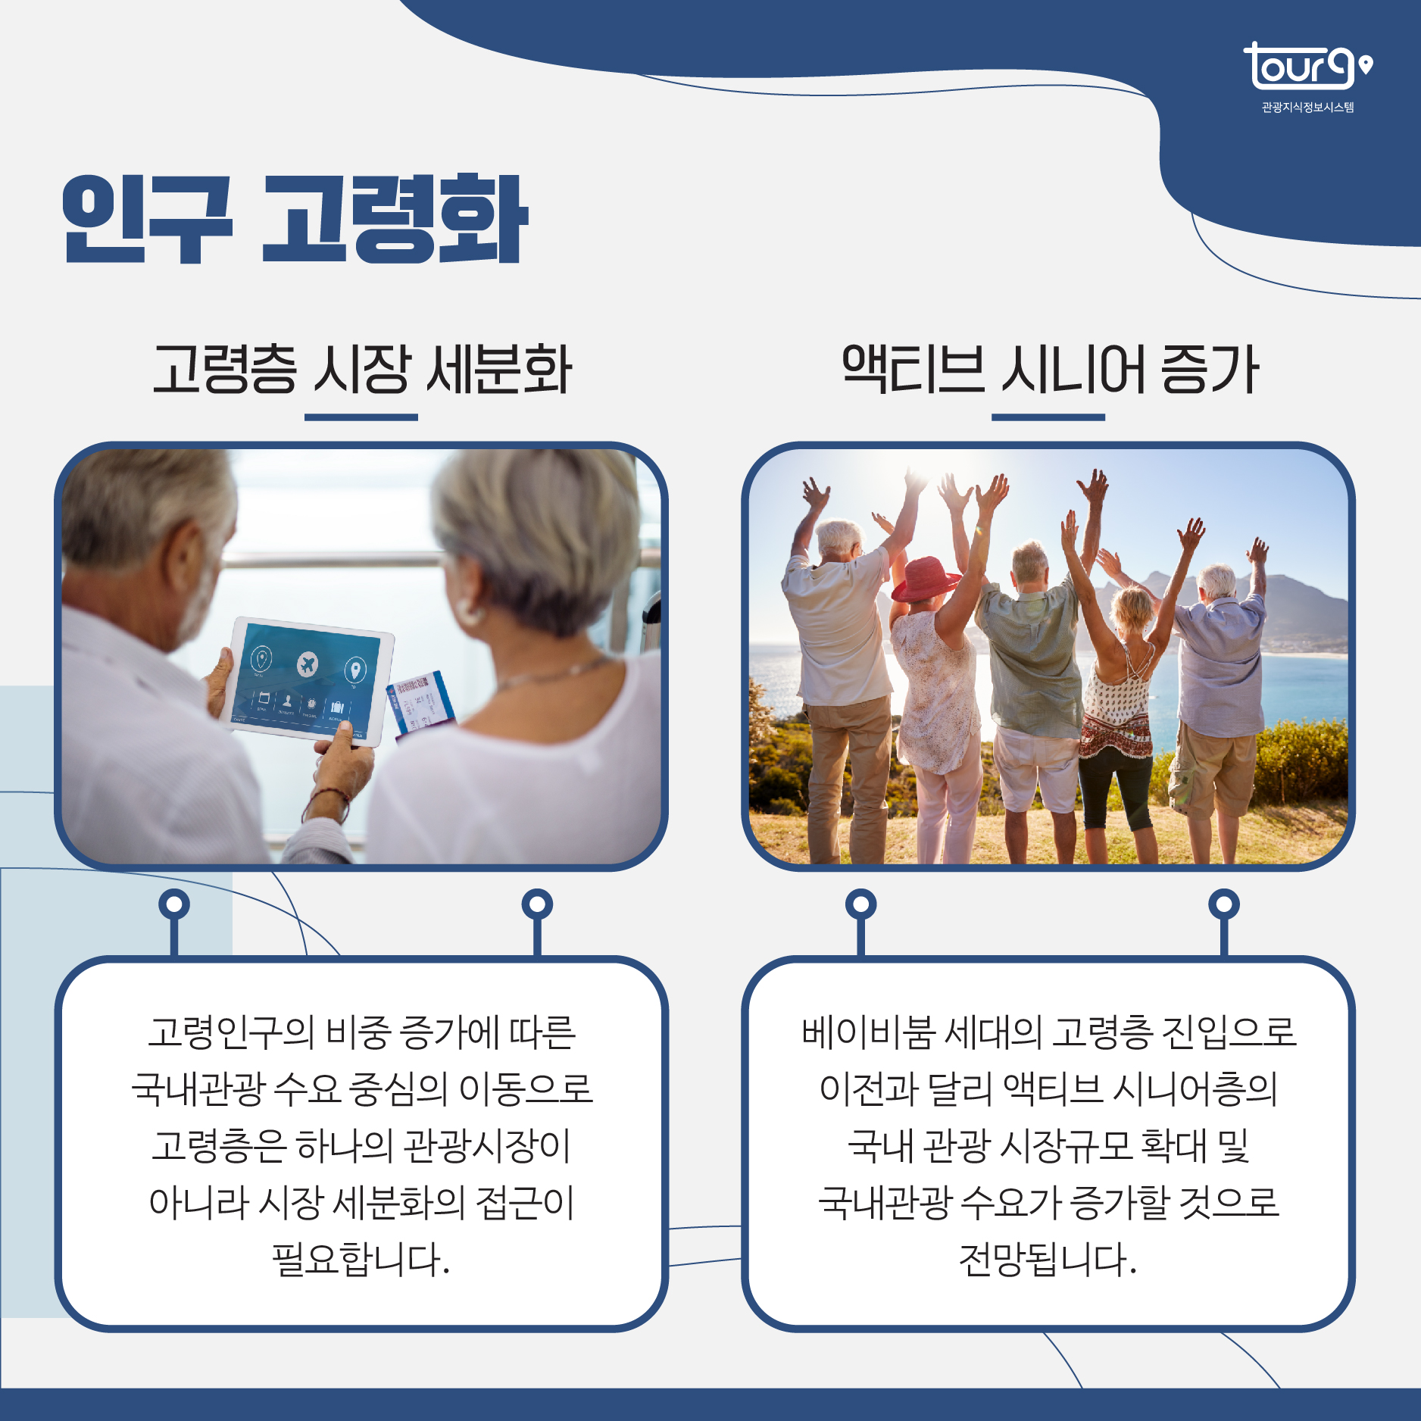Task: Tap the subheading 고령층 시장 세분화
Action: pyautogui.click(x=361, y=369)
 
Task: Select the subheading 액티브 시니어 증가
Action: pyautogui.click(x=1049, y=369)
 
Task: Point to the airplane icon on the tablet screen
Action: pyautogui.click(x=308, y=664)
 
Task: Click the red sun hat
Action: pyautogui.click(x=925, y=579)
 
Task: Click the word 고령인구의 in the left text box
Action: pyautogui.click(x=231, y=1032)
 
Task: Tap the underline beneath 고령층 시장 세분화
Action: pyautogui.click(x=361, y=417)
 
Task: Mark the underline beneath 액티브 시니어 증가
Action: pyautogui.click(x=1048, y=417)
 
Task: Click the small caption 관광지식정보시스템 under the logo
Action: pyautogui.click(x=1307, y=108)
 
